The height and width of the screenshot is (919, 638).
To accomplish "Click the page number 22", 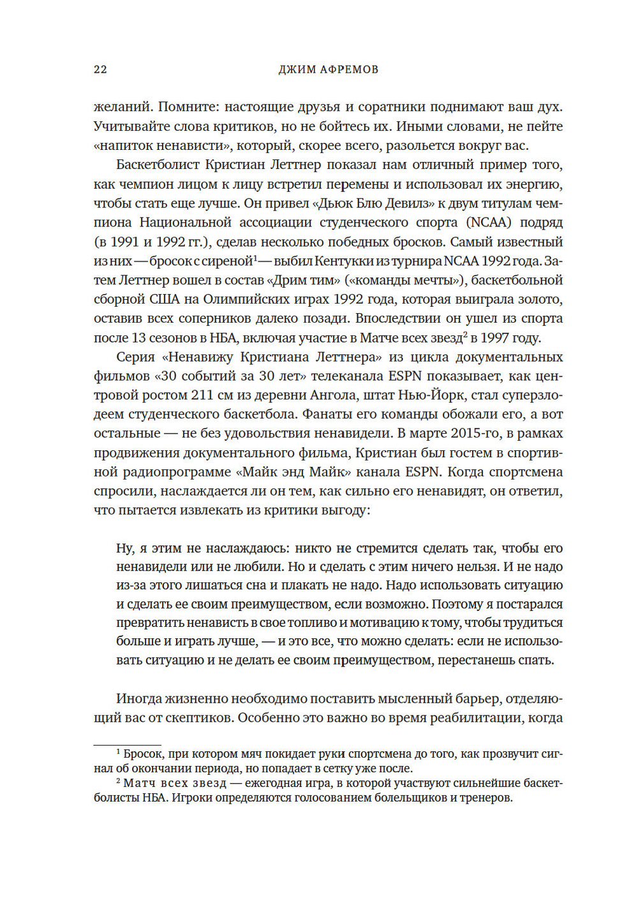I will (100, 70).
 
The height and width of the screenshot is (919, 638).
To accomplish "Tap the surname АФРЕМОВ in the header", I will (349, 70).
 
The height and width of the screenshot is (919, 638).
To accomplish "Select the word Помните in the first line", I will (184, 107).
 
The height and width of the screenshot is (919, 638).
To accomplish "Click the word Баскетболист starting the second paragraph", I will (156, 165).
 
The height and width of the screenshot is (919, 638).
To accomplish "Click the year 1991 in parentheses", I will (124, 242).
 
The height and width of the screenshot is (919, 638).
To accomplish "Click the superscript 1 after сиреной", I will (255, 258).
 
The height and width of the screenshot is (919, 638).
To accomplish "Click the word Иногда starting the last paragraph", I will (137, 699).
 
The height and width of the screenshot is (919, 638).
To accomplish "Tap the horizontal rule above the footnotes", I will (127, 744).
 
